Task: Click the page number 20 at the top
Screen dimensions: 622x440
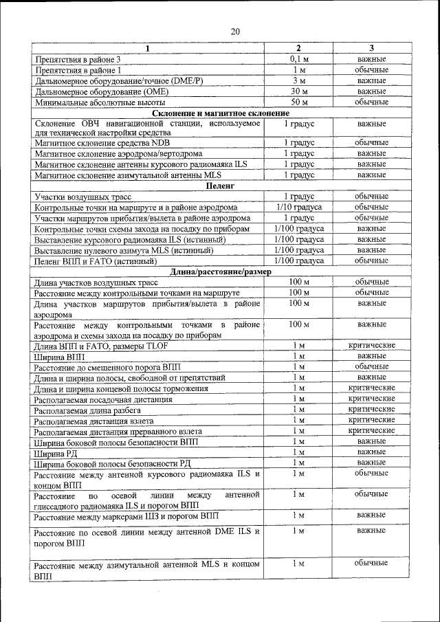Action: point(235,32)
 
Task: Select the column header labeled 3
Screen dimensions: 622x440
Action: point(371,48)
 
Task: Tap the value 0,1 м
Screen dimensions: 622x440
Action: point(298,59)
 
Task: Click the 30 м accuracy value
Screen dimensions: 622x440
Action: point(298,91)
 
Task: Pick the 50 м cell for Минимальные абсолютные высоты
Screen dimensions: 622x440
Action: point(298,102)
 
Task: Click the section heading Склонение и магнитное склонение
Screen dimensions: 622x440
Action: point(220,113)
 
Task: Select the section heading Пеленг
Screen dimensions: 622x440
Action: point(220,186)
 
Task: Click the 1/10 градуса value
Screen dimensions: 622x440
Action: point(298,207)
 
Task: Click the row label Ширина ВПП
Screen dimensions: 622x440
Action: point(60,356)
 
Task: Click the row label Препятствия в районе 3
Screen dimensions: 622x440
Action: point(81,59)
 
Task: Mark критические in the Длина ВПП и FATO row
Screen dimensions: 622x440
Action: point(371,345)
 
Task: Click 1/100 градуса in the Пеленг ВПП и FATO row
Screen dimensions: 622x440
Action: point(298,260)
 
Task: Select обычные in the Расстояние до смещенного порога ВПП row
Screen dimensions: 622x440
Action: point(371,366)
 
